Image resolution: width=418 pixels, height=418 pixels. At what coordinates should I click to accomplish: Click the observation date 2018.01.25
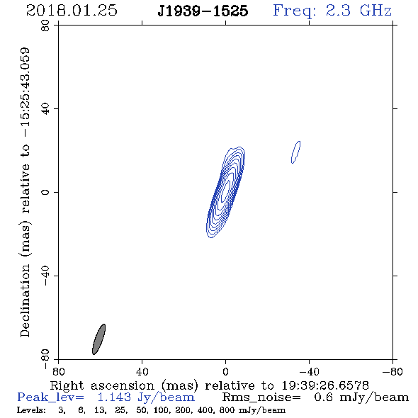72,11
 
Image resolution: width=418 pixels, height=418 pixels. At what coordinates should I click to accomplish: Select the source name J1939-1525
203,11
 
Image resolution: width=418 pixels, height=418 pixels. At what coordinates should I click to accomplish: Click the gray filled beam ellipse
99,339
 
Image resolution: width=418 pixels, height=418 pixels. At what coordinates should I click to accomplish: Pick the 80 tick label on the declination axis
45,26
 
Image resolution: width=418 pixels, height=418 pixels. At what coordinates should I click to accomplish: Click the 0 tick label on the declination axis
45,192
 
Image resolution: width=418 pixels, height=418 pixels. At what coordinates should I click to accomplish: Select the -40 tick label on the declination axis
45,276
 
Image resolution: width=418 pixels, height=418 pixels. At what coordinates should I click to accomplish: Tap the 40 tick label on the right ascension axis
142,371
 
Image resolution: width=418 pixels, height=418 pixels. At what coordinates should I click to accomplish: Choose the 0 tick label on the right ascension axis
225,371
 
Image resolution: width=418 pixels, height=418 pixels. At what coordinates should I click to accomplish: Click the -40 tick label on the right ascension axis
309,371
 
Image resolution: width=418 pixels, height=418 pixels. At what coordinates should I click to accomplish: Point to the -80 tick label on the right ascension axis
392,371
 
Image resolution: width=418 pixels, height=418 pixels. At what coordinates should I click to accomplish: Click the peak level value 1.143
114,397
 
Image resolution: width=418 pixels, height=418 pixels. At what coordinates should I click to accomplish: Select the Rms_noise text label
261,397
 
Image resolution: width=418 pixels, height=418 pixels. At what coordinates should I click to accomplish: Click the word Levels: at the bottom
31,410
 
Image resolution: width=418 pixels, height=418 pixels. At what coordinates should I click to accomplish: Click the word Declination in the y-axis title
25,301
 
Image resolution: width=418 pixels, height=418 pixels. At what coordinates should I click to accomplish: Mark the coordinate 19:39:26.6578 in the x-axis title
325,385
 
